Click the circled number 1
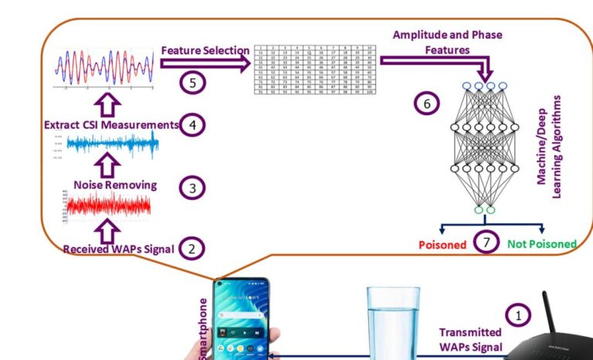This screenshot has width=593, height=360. (x=518, y=314)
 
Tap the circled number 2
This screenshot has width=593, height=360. (x=191, y=248)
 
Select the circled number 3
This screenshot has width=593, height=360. (x=192, y=187)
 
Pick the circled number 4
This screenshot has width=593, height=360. (x=192, y=124)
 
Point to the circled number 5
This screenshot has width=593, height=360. (x=192, y=81)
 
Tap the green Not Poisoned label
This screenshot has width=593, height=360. (x=542, y=244)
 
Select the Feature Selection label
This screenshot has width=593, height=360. (x=205, y=50)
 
